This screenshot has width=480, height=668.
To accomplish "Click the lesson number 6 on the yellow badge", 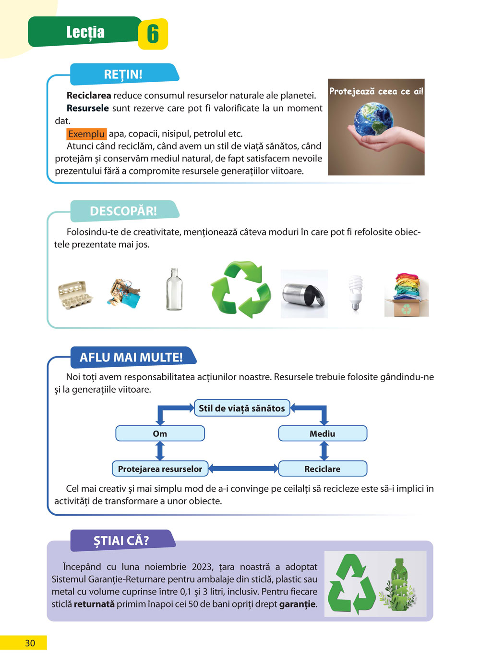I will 153,34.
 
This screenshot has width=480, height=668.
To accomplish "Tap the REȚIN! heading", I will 123,74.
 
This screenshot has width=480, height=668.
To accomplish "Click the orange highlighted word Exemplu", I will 86,134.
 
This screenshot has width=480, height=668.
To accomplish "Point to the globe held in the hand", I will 374,118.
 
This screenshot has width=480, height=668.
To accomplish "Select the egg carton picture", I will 75,295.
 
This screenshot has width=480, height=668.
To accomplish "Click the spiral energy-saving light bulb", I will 355,292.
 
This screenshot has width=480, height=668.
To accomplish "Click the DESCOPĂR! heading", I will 123,211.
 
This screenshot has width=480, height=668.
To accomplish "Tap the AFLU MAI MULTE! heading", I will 131,358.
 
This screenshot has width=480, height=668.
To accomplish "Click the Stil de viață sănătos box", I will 242,408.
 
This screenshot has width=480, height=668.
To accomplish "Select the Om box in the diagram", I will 160,433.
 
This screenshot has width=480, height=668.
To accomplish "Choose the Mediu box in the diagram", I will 323,433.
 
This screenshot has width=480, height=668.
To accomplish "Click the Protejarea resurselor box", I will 160,469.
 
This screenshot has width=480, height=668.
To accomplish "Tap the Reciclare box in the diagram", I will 323,469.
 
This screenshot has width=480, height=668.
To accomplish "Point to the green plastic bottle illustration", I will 397,585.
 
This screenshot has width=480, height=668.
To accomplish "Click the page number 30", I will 30,643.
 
